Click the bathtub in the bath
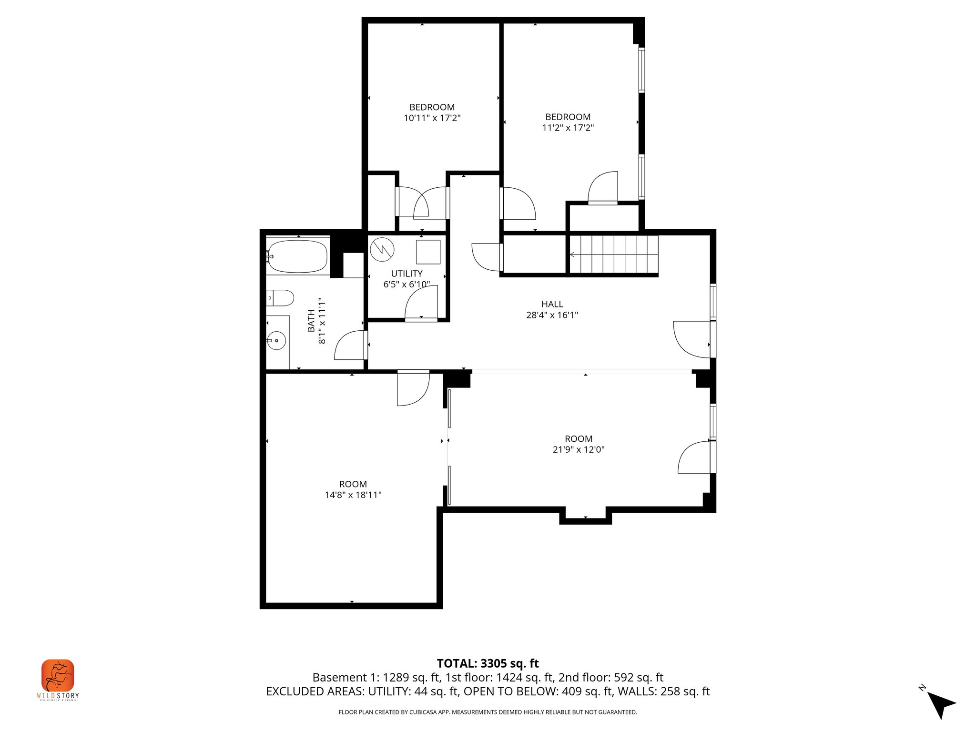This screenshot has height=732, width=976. click(x=297, y=256)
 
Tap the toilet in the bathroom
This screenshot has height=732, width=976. click(x=280, y=298)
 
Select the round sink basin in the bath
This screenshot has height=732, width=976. click(x=276, y=341)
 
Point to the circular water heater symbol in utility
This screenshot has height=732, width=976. click(x=382, y=250)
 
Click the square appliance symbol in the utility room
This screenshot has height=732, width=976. click(x=428, y=252)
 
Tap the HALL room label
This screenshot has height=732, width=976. click(x=552, y=304)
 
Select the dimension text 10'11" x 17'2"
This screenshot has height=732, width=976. click(x=432, y=118)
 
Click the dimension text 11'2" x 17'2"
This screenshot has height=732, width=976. click(x=568, y=128)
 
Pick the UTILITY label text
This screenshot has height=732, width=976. click(x=407, y=274)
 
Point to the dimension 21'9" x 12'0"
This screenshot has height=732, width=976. click(x=578, y=449)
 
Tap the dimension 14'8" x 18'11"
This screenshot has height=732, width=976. click(x=353, y=495)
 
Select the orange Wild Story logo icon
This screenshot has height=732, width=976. click(x=58, y=675)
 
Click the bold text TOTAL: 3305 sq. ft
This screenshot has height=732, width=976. click(x=488, y=663)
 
